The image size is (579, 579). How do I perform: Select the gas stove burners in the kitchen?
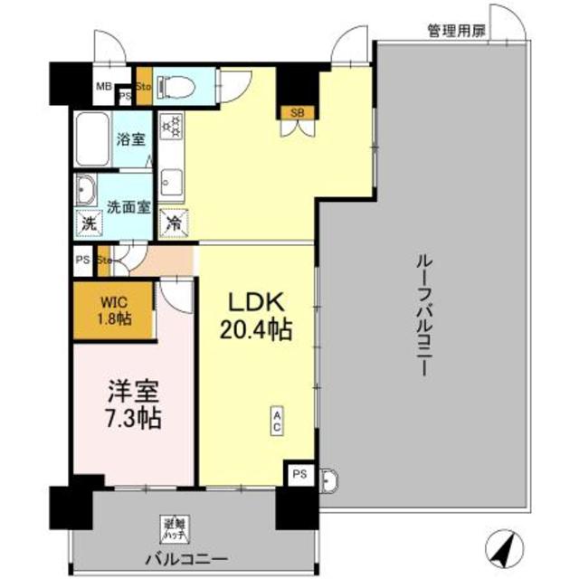(171, 128)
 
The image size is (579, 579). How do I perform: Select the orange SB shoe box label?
(297, 113)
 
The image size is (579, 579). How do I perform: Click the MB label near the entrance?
(104, 88)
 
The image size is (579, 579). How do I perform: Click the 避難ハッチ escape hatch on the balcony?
(173, 525)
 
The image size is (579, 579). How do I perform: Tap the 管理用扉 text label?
(456, 31)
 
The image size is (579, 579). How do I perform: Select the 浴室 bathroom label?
(131, 140)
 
